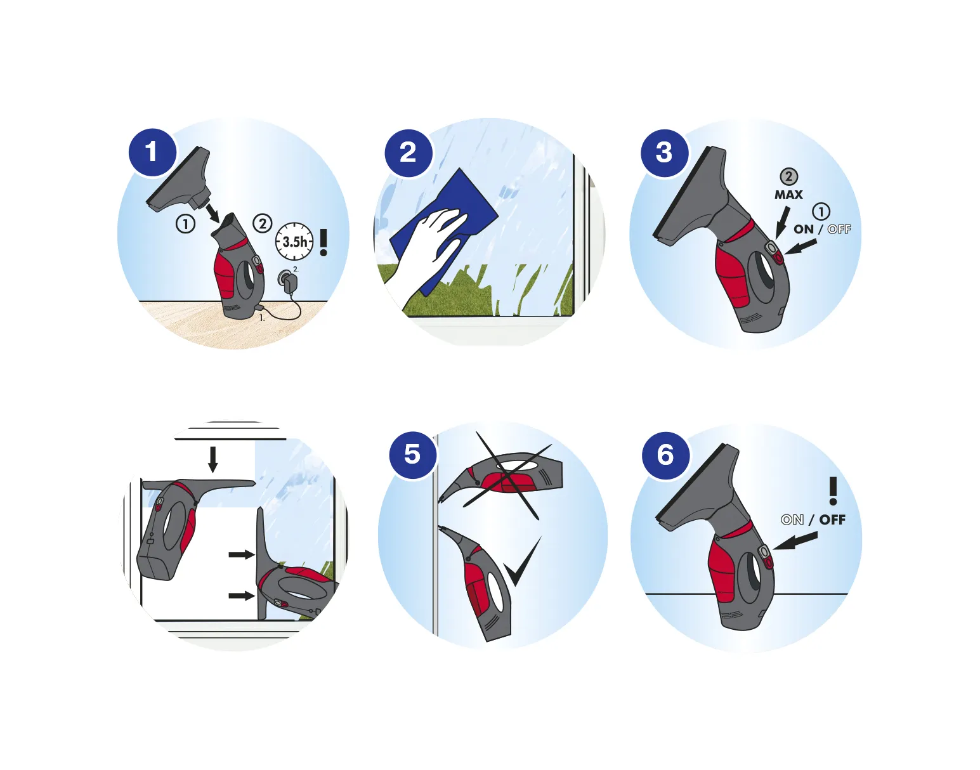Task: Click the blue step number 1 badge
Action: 152,152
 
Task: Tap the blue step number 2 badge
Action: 408,152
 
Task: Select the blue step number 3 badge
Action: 664,152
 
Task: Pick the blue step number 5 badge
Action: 413,454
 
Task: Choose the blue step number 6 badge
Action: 665,454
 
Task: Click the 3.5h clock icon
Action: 294,241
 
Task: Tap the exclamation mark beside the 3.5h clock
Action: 323,242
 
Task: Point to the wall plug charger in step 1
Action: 287,278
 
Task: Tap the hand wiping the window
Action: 428,255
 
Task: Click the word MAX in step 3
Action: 789,195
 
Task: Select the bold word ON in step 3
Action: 804,229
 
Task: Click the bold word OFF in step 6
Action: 832,520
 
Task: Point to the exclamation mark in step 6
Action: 833,491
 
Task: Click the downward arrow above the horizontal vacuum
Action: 213,459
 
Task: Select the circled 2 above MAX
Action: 789,177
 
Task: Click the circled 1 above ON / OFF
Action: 821,211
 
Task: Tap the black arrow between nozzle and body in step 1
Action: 212,212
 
